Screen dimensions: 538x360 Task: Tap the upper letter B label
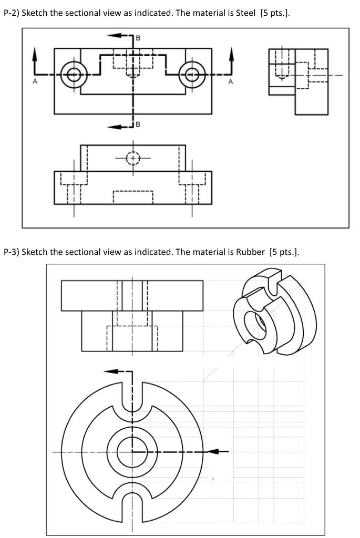(x=138, y=38)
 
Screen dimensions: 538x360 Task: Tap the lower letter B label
(x=138, y=125)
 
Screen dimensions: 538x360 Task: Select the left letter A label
(x=35, y=82)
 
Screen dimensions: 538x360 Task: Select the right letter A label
(x=230, y=82)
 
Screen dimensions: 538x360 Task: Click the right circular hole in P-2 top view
(x=192, y=75)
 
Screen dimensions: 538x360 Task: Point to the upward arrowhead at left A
(x=35, y=52)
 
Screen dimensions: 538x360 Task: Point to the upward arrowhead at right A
(x=230, y=52)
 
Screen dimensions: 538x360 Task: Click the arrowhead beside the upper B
(x=111, y=35)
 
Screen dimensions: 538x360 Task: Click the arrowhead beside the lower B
(x=111, y=127)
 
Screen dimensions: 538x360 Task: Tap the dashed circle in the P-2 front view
(x=133, y=158)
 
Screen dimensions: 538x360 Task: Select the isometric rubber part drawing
(x=274, y=313)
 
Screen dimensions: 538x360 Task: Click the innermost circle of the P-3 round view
(x=132, y=451)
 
